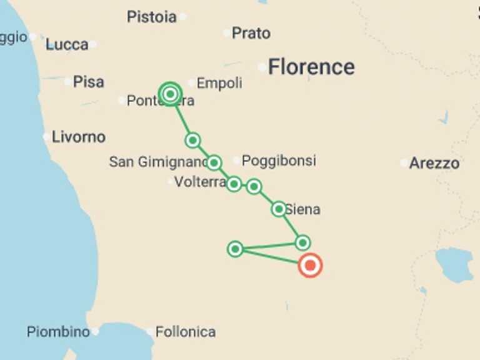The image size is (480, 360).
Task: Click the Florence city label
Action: tap(311, 67)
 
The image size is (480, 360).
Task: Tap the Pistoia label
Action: tap(151, 16)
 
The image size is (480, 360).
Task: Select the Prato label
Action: tap(251, 32)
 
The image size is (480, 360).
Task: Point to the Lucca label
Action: tap(67, 44)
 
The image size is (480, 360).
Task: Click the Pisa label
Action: tap(89, 82)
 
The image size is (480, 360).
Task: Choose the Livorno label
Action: tap(79, 137)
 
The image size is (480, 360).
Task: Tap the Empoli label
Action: tap(219, 83)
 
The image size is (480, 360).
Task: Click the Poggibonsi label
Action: tap(279, 161)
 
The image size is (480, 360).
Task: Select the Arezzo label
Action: tap(434, 164)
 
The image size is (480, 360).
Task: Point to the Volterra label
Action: tap(200, 182)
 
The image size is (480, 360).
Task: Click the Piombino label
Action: tap(58, 332)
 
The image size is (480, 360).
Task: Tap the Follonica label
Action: tap(186, 332)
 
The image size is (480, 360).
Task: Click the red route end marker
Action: tap(310, 266)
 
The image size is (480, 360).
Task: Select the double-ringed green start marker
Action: tap(170, 94)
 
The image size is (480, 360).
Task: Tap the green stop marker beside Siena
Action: tap(279, 209)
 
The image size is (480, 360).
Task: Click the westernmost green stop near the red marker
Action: tap(235, 249)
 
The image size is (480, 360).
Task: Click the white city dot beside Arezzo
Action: tap(404, 163)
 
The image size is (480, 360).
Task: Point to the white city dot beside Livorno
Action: tap(46, 136)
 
